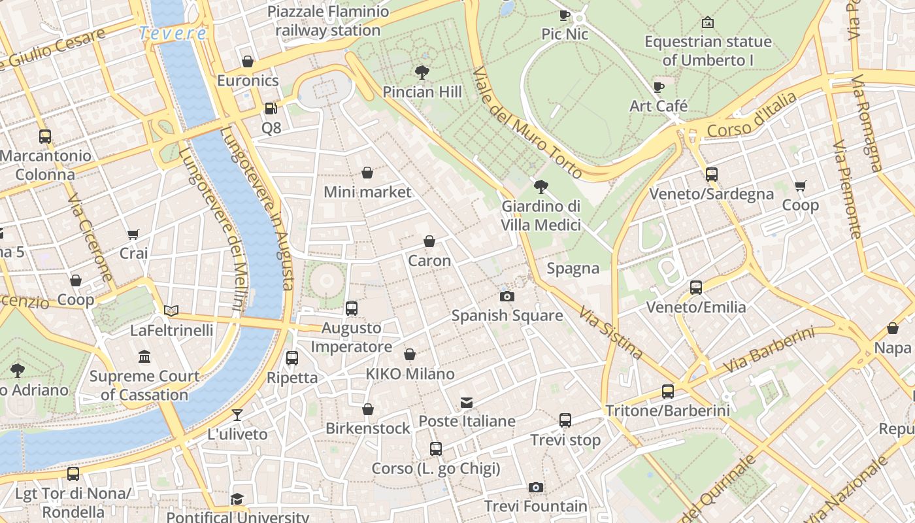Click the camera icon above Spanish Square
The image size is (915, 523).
coord(507,296)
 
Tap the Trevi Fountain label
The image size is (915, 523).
coord(535,506)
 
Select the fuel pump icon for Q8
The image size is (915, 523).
coord(271,109)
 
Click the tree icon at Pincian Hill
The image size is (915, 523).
coord(422,73)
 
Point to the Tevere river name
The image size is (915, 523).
coord(173,33)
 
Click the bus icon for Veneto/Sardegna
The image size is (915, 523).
coord(712,175)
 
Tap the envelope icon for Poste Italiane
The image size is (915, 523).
coord(467,402)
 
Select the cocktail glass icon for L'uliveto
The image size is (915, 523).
coord(237,414)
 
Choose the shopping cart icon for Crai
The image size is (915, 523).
coord(133,234)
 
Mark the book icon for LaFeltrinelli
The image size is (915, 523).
coord(171,311)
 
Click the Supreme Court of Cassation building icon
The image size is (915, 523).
coord(144,357)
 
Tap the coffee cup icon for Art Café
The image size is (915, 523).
coord(659,87)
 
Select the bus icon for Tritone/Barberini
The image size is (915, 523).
coord(667,392)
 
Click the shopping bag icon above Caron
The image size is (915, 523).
coord(429,241)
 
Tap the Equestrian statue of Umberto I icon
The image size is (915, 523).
coord(707,23)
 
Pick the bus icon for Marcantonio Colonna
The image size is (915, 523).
coord(45,137)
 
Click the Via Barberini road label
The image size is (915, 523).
coord(769,350)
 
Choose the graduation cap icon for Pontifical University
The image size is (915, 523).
coord(237,499)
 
